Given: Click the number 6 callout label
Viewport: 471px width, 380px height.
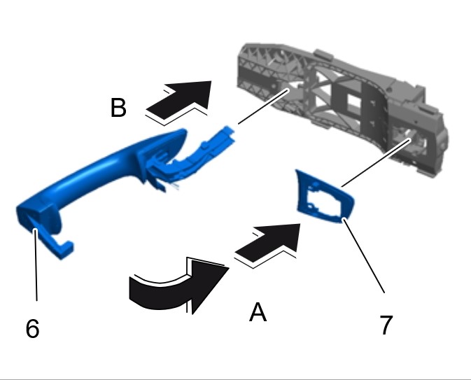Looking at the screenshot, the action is [32, 328].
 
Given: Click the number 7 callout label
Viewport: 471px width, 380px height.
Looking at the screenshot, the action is [386, 325].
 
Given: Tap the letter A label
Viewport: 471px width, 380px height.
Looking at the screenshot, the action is [258, 312].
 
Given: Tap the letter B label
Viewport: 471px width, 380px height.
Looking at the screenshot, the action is [118, 108].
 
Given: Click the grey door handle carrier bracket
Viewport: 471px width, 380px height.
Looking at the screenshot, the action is [342, 105].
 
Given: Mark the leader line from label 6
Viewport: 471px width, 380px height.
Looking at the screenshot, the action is [36, 265].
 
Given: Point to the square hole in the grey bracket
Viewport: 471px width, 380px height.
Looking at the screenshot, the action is [352, 103].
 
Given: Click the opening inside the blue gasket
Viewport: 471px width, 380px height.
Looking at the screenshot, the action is [323, 201].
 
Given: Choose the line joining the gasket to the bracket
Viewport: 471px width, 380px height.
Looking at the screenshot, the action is [377, 162].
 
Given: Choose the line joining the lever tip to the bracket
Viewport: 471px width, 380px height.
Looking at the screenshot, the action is [263, 106].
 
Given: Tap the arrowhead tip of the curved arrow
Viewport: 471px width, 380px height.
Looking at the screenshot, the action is [229, 267].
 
